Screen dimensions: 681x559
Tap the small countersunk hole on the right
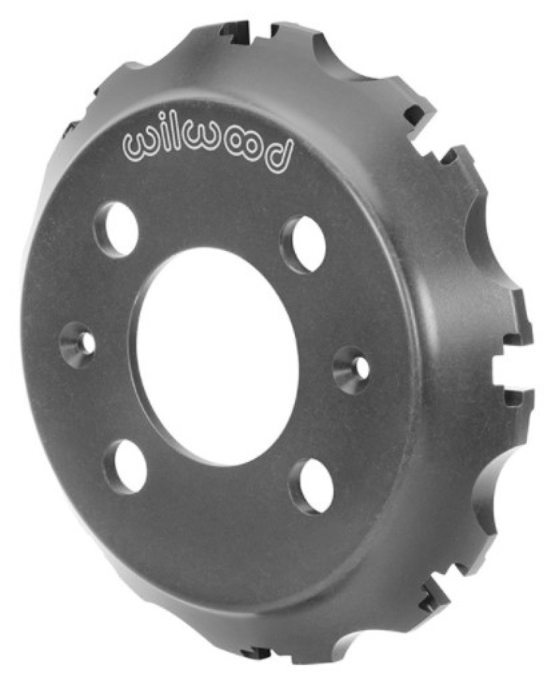[353, 368]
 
